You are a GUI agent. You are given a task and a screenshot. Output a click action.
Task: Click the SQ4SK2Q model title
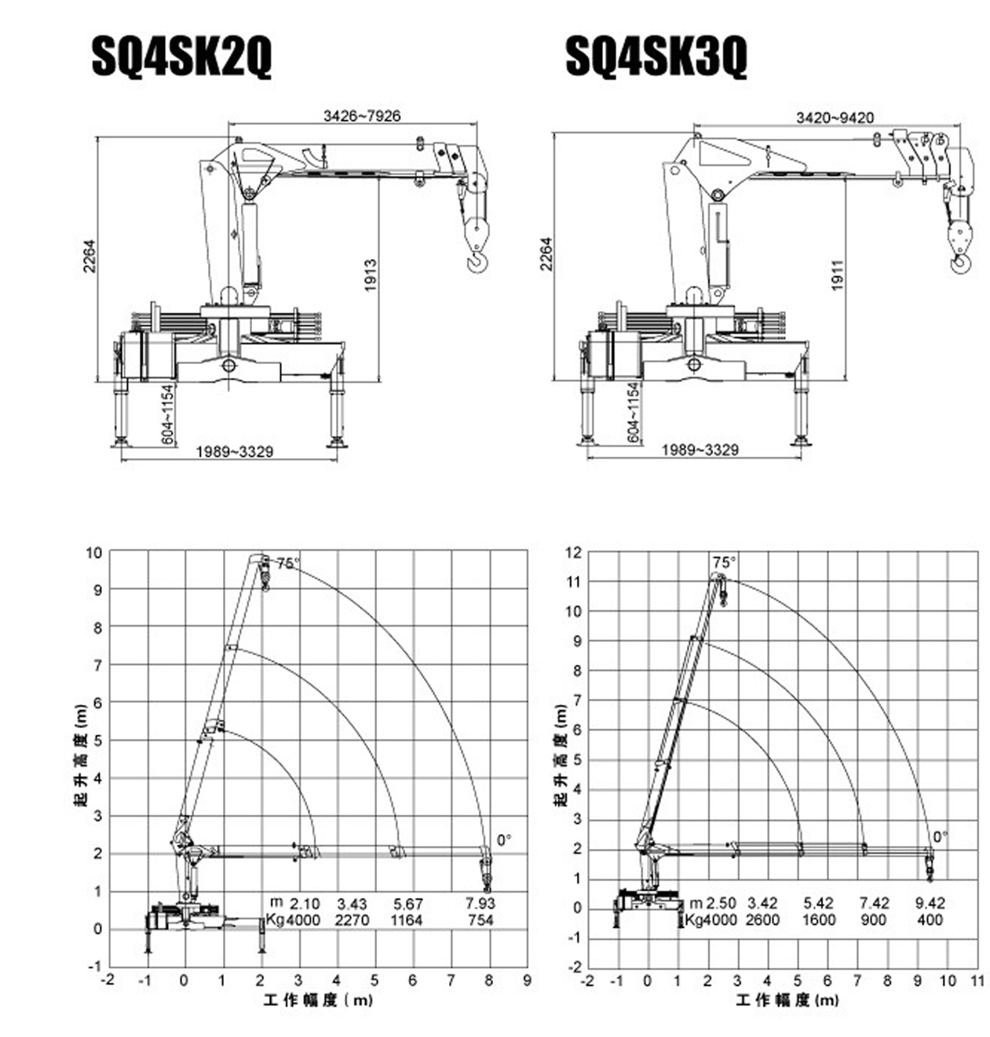pos(181,56)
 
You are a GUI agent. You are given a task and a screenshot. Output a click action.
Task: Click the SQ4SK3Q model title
pos(656,56)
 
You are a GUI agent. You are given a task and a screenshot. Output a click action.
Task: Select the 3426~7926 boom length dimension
pos(362,116)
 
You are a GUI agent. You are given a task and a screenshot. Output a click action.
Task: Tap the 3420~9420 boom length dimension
pos(835,118)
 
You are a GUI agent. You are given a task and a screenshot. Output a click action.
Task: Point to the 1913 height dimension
pos(371,275)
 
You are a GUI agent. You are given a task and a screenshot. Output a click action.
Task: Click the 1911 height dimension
pos(837,275)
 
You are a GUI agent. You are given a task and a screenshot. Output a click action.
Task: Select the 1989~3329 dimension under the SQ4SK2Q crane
pos(234,452)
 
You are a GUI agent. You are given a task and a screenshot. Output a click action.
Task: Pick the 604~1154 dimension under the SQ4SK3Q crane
pos(634,413)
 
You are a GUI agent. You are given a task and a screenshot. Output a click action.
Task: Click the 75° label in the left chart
pos(287,562)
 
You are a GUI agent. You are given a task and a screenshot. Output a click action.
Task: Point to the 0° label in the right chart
pos(940,836)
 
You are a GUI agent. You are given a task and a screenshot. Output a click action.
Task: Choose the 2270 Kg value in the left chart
pos(352,920)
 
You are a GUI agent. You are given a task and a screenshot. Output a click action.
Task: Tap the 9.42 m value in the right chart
pos(930,904)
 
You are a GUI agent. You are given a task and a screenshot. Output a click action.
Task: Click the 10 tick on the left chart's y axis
pos(94,553)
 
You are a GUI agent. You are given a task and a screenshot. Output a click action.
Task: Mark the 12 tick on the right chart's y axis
pos(573,553)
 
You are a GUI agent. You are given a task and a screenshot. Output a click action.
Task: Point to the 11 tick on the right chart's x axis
pos(977,981)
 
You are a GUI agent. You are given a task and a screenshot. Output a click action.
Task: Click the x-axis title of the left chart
pos(318,1000)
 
